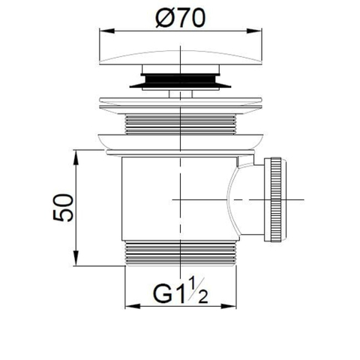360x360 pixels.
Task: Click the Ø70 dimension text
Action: [x=181, y=18]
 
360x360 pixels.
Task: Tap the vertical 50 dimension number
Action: [x=63, y=208]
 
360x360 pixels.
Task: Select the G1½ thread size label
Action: [x=181, y=291]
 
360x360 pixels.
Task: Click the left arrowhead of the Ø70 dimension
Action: [x=107, y=31]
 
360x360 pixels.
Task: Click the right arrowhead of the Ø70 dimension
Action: [x=254, y=31]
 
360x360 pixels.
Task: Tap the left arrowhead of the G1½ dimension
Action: [x=133, y=306]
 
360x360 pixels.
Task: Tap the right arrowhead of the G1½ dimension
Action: [x=229, y=306]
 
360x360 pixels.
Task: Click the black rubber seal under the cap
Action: [x=181, y=81]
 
